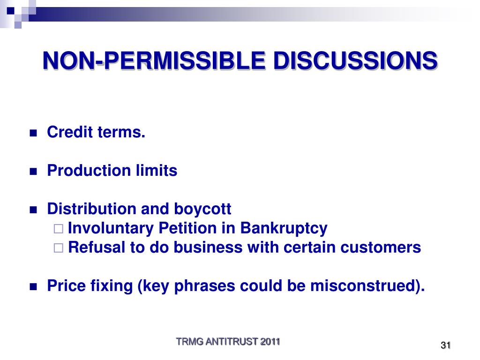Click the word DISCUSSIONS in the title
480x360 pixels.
point(355,60)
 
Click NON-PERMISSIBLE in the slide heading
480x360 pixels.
point(154,60)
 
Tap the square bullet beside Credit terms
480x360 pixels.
point(33,133)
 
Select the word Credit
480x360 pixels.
point(70,132)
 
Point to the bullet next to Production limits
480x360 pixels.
point(33,172)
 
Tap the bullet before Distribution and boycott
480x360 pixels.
point(33,210)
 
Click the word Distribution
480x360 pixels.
point(91,209)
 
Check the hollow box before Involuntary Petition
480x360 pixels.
point(59,229)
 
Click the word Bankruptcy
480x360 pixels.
point(284,229)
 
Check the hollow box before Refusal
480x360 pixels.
point(59,248)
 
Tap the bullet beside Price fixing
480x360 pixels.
point(33,287)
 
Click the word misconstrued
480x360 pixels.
point(363,285)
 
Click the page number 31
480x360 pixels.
point(446,345)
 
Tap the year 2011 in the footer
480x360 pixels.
point(270,342)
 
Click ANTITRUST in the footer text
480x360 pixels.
point(232,342)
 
